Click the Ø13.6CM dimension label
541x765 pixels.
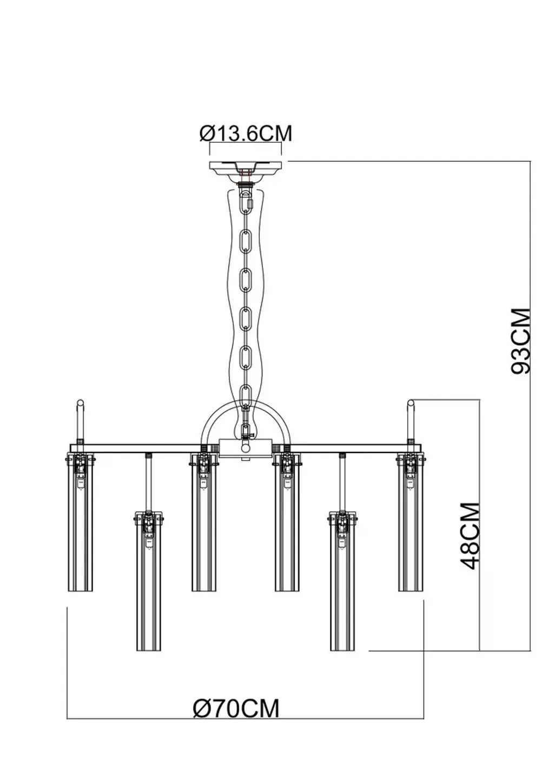[246, 133]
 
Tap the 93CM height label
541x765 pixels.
[521, 341]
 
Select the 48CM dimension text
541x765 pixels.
[470, 536]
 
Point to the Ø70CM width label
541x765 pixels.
[236, 708]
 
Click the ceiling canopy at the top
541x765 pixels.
[246, 168]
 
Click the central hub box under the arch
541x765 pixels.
[246, 449]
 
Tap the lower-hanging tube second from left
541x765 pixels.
[149, 584]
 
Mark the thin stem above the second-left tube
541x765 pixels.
[149, 482]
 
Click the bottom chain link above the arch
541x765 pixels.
[247, 392]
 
